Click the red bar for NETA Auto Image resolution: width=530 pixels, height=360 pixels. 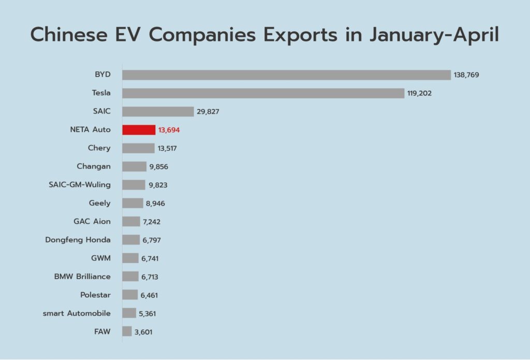[x=139, y=130]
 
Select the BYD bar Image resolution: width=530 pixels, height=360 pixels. [x=287, y=75]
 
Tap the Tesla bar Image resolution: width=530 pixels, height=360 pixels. [x=263, y=93]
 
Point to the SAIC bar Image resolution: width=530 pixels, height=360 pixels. [x=158, y=111]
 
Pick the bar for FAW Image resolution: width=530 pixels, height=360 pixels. [x=127, y=331]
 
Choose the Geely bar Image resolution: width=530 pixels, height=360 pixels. [x=133, y=203]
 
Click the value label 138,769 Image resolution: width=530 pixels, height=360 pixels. [x=466, y=75]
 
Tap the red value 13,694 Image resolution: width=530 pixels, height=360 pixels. [x=169, y=130]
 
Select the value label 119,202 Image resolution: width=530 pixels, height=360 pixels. [x=419, y=93]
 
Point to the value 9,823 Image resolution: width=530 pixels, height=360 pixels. [x=158, y=185]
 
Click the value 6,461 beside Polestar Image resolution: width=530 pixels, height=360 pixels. [x=149, y=295]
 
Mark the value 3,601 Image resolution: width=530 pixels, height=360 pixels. [x=143, y=332]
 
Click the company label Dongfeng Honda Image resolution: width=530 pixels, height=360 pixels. [x=78, y=240]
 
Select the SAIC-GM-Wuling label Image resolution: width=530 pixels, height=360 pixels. [x=80, y=185]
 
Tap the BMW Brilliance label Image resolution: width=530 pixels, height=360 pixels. [x=82, y=277]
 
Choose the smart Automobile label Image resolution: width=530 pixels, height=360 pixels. [x=77, y=313]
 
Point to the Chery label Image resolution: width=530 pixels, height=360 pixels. [x=99, y=148]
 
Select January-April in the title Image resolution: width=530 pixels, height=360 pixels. [x=434, y=35]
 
